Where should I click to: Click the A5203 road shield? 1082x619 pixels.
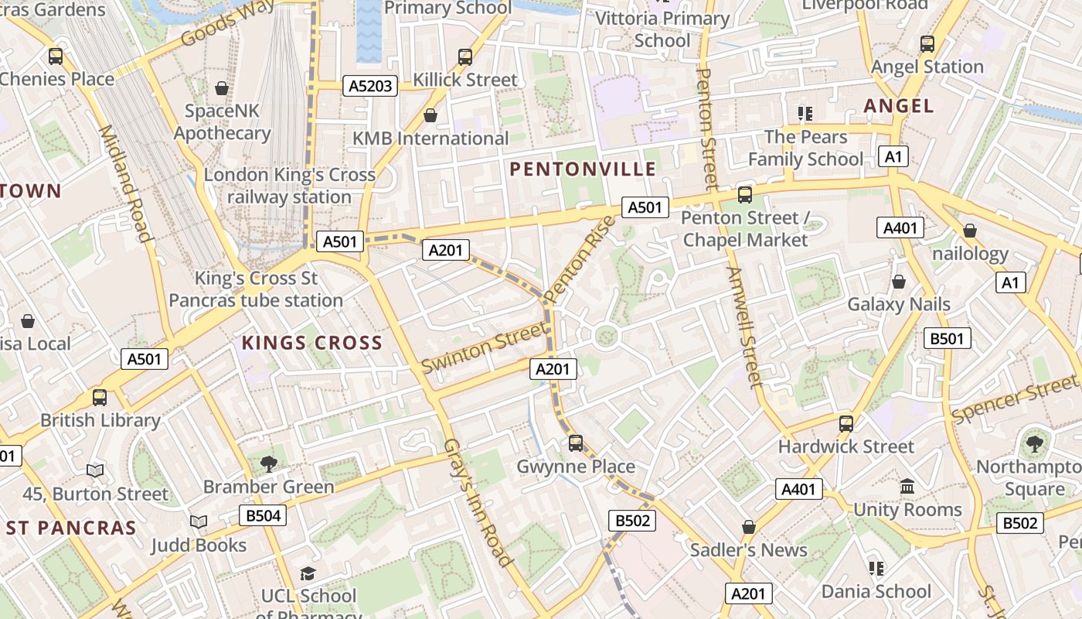370,86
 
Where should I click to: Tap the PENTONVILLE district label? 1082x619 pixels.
583,169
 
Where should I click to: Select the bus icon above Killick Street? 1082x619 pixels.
464,56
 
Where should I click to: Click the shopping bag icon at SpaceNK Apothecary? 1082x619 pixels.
222,88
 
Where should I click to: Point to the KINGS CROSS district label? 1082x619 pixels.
312,343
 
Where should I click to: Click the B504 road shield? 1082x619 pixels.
263,515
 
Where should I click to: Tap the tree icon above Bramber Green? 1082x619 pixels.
268,463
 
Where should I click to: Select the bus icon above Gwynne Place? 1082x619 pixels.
576,443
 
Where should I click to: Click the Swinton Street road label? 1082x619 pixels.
484,348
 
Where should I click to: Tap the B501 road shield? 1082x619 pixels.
948,338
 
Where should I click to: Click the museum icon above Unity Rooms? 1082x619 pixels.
907,487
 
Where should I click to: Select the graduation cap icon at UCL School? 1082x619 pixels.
308,573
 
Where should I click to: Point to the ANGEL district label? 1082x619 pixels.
899,106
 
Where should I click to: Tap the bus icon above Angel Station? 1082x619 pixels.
927,44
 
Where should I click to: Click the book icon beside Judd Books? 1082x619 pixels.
199,522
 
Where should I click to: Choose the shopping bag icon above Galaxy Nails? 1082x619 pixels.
898,282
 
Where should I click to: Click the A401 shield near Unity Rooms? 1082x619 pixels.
799,489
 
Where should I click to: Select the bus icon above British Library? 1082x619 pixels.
100,398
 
